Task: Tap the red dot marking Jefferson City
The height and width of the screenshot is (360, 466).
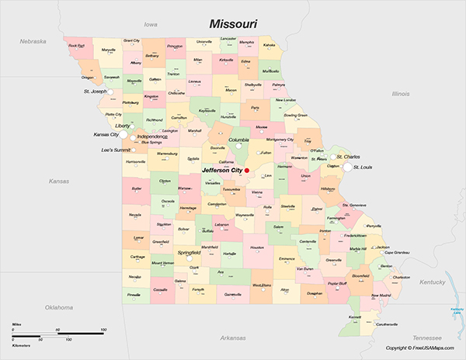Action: click(x=247, y=171)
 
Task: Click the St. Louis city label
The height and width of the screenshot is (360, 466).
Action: click(x=363, y=167)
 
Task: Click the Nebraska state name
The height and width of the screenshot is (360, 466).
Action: click(x=33, y=41)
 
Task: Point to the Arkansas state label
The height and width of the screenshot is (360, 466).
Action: click(x=232, y=338)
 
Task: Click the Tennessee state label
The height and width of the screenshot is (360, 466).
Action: click(x=426, y=338)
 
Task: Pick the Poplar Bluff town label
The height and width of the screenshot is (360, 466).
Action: click(x=338, y=284)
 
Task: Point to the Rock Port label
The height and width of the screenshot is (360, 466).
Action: click(x=76, y=46)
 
